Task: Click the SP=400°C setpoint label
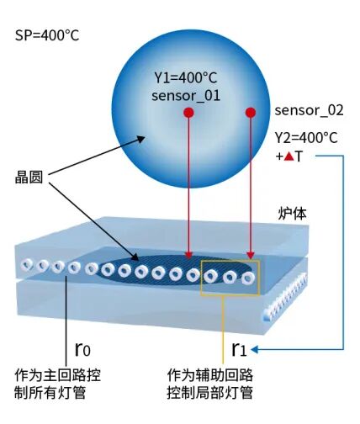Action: click(47, 35)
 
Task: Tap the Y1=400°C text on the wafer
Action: click(186, 77)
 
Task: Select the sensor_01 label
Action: click(186, 96)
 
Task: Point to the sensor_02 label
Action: click(309, 110)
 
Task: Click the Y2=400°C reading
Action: click(306, 138)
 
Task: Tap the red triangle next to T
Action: click(289, 156)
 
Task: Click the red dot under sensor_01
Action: click(188, 113)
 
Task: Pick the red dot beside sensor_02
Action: click(251, 113)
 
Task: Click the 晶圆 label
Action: click(29, 178)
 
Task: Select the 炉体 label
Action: click(292, 214)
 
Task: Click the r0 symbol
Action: click(82, 349)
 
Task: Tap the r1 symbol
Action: click(239, 349)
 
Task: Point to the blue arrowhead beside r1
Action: click(255, 350)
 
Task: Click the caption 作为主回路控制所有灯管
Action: click(57, 384)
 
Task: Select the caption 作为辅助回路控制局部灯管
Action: click(210, 384)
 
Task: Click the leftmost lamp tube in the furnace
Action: click(27, 264)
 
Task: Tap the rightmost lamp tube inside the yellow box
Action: click(248, 278)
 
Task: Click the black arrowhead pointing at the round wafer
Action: click(140, 139)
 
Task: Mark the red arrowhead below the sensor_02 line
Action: click(251, 256)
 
